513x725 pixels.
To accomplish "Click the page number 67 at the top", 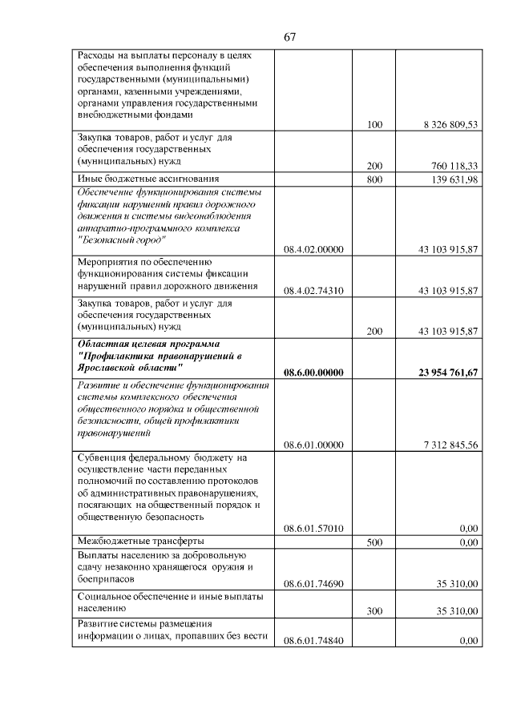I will [290, 38].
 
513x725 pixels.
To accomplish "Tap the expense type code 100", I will [374, 124].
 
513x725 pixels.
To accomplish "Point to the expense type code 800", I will [374, 179].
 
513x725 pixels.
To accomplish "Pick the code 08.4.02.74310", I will [313, 291].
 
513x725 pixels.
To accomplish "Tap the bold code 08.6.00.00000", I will [313, 372].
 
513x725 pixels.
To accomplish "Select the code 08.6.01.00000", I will [313, 445].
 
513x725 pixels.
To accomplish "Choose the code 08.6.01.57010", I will [313, 528].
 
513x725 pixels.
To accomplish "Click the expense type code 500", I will [374, 542].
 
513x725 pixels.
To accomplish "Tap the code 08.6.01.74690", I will [313, 584].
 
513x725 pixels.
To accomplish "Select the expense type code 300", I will [374, 611].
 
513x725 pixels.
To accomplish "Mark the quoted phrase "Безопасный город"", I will [122, 240].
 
